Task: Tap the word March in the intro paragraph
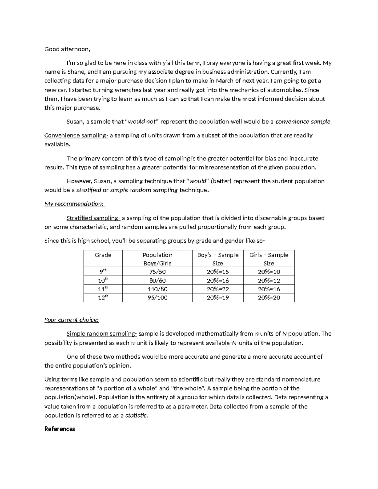pos(225,81)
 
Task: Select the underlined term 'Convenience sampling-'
pos(76,135)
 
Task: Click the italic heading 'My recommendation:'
pos(74,204)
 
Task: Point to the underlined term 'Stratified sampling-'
pos(93,218)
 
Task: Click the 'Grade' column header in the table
pos(103,255)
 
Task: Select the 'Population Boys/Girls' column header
pos(157,259)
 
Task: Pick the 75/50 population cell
pos(157,272)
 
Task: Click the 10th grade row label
pos(103,280)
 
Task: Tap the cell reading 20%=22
pos(218,289)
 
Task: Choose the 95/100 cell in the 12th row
pos(157,298)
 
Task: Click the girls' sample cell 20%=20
pos(269,298)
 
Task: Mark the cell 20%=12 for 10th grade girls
pos(269,281)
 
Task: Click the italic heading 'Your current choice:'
pos(72,320)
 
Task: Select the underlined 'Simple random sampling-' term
pos(102,334)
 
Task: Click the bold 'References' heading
pos(60,429)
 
